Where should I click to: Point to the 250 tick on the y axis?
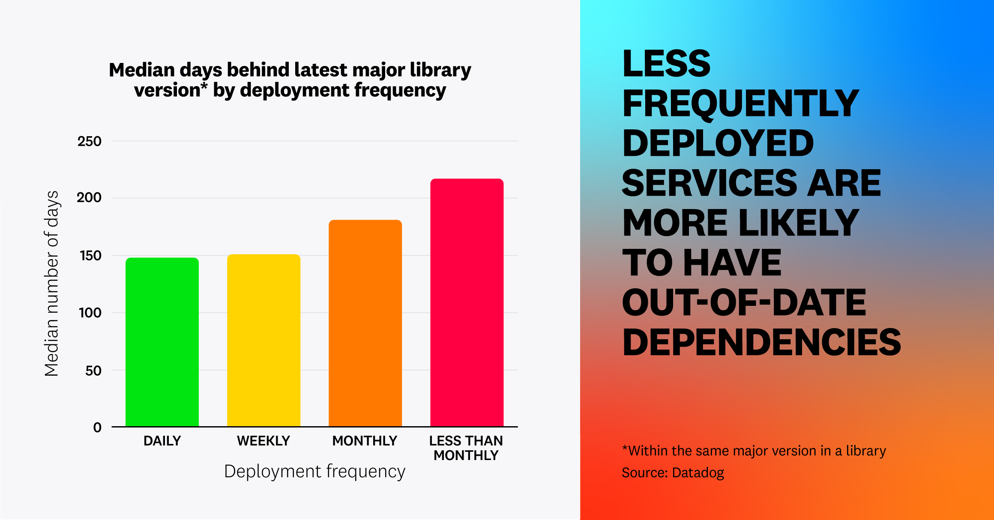click(89, 141)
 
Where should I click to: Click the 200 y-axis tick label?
click(89, 197)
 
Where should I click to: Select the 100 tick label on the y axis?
click(90, 313)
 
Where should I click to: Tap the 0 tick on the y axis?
click(97, 427)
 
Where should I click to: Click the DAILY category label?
click(162, 441)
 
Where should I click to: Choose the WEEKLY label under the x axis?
click(263, 441)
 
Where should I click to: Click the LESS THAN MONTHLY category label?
click(466, 448)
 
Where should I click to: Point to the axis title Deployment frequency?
click(314, 471)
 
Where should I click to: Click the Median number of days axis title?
click(52, 284)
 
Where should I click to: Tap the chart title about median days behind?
click(290, 80)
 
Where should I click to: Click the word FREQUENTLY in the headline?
click(740, 104)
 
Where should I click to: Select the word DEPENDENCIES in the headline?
click(761, 342)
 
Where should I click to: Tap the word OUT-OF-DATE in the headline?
click(744, 302)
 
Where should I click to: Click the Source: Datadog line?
click(673, 472)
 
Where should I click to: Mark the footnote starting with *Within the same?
click(754, 451)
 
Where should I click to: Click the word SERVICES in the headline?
click(710, 183)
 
